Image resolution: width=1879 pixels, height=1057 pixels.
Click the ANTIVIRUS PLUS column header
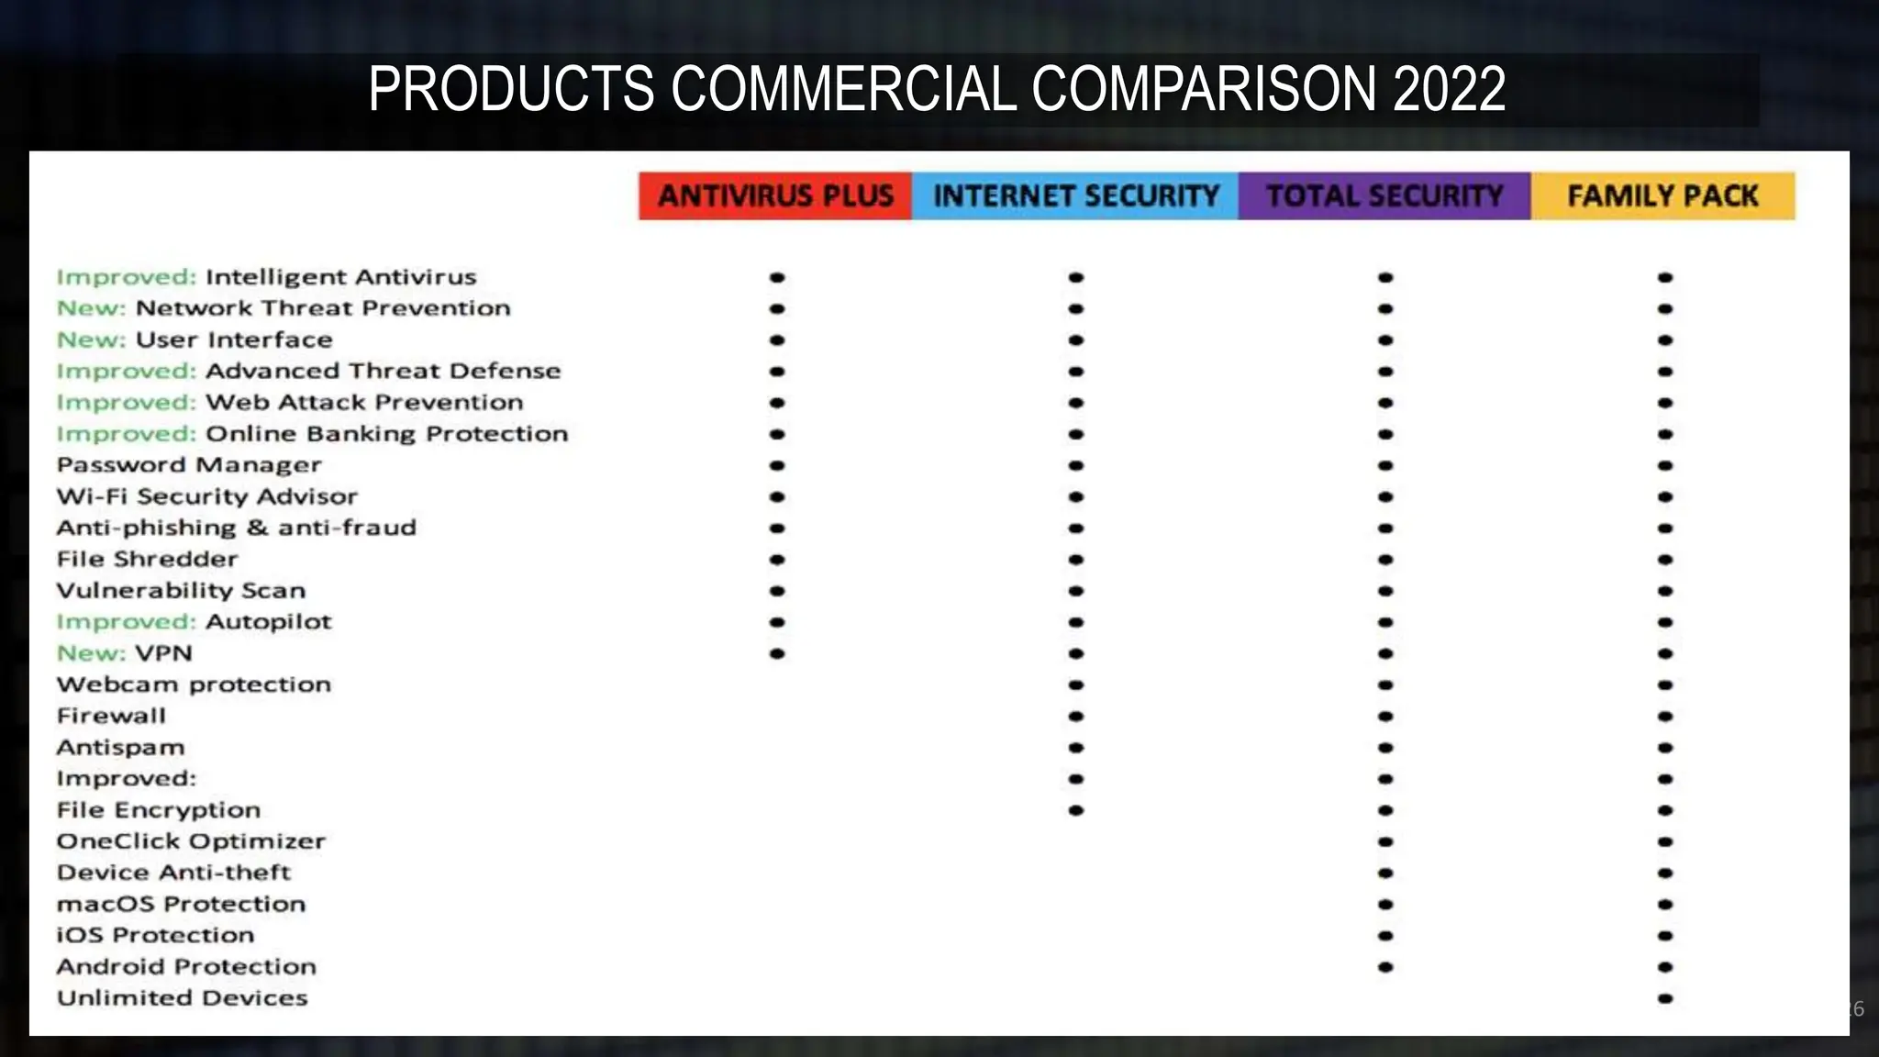(775, 195)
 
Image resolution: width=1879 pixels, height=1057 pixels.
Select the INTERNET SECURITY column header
(1075, 195)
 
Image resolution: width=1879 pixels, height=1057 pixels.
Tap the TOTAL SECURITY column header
(1384, 195)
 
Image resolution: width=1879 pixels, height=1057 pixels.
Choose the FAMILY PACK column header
(1662, 195)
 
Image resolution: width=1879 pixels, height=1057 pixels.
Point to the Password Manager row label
(189, 465)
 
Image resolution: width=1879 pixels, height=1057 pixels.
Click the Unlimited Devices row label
(182, 998)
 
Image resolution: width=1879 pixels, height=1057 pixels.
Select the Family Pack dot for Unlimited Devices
(1665, 998)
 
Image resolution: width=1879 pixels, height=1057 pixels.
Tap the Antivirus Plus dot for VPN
(777, 653)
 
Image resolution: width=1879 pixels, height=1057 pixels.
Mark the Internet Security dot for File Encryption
(1076, 810)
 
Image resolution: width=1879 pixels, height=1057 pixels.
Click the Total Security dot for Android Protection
(1385, 967)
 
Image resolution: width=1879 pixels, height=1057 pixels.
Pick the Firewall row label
(111, 716)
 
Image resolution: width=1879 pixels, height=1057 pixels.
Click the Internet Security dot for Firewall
(1076, 717)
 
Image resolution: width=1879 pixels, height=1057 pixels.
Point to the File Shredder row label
(147, 559)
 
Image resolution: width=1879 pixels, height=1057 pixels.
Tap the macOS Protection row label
(181, 904)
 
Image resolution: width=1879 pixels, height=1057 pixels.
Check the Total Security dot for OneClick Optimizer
(1385, 841)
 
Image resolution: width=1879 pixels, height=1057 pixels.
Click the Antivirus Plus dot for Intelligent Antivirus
(777, 277)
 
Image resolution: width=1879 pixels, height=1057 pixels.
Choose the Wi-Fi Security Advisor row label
(206, 496)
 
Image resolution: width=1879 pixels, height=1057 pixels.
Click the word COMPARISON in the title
(1203, 89)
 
